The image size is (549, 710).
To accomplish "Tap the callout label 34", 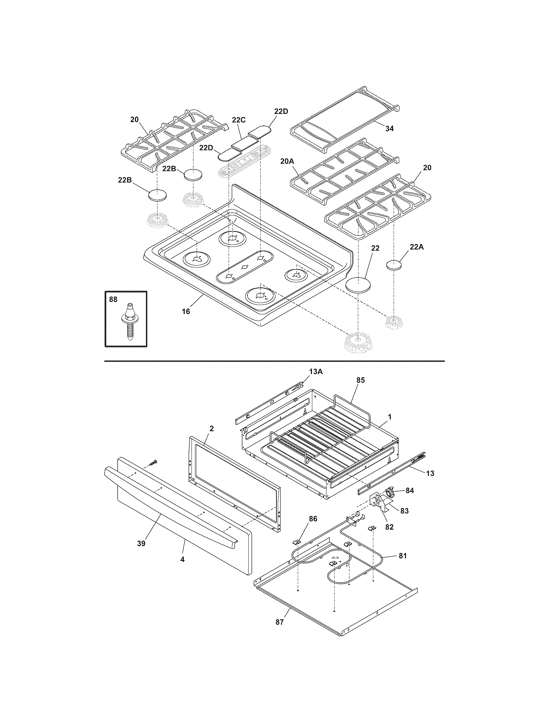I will (389, 129).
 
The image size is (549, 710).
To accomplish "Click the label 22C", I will (239, 120).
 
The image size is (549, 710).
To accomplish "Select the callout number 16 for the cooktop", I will (186, 311).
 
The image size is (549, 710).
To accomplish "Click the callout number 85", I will (361, 380).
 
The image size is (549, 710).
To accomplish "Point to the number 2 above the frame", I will (212, 429).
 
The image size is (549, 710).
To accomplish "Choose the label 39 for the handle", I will (141, 543).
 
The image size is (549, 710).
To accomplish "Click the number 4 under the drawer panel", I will (182, 560).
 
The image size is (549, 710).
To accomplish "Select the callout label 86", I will (313, 519).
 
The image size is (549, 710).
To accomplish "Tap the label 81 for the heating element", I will (403, 556).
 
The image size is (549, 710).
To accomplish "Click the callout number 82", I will (389, 527).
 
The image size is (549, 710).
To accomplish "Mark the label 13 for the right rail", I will (430, 474).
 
